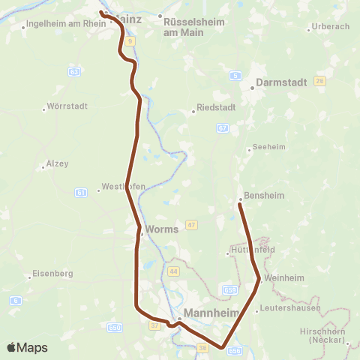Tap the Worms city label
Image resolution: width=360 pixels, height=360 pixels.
161,229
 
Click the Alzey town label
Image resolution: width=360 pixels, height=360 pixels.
58,163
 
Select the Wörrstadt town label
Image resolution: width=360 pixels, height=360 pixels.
67,106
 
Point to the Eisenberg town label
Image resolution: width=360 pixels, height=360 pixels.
52,274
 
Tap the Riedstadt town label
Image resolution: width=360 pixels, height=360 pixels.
216,107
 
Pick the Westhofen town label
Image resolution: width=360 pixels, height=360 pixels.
123,187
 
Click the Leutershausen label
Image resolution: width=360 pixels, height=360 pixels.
290,308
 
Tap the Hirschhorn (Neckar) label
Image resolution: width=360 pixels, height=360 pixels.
330,334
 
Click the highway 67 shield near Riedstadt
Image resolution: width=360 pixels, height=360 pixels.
223,128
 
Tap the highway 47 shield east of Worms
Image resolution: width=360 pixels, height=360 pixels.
192,225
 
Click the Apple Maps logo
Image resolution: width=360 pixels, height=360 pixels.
27,347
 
